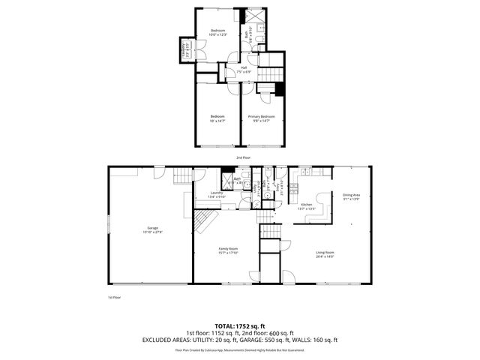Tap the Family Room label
tap(229, 250)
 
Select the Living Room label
tap(324, 254)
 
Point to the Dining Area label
tap(352, 196)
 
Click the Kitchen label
tap(306, 206)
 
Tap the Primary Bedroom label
tap(262, 118)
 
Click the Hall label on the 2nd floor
tap(244, 70)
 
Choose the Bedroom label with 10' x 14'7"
tap(217, 118)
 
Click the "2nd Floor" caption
tap(243, 158)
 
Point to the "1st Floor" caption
tap(114, 297)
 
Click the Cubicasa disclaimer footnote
tap(240, 349)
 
